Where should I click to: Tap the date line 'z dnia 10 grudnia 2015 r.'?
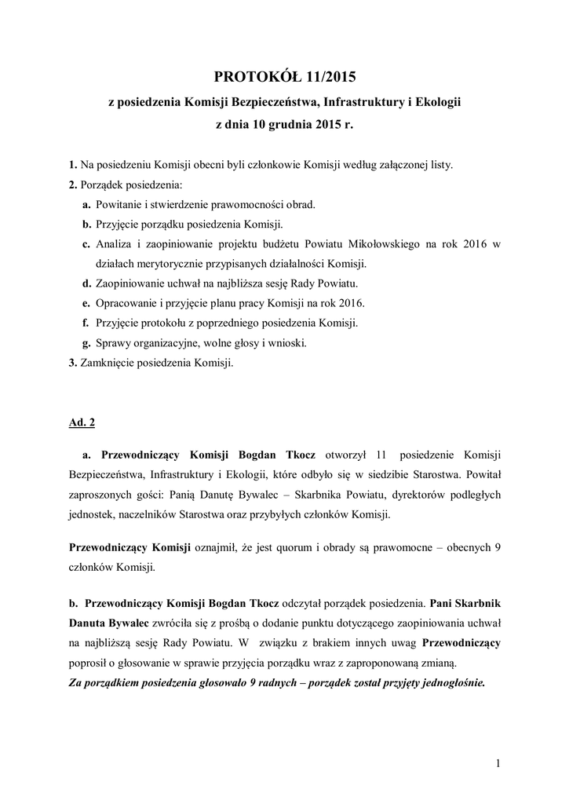284,124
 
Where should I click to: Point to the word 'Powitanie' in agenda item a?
119,204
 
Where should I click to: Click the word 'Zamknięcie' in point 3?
107,363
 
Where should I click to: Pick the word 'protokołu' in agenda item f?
171,323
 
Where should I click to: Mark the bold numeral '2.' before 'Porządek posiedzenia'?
73,185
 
